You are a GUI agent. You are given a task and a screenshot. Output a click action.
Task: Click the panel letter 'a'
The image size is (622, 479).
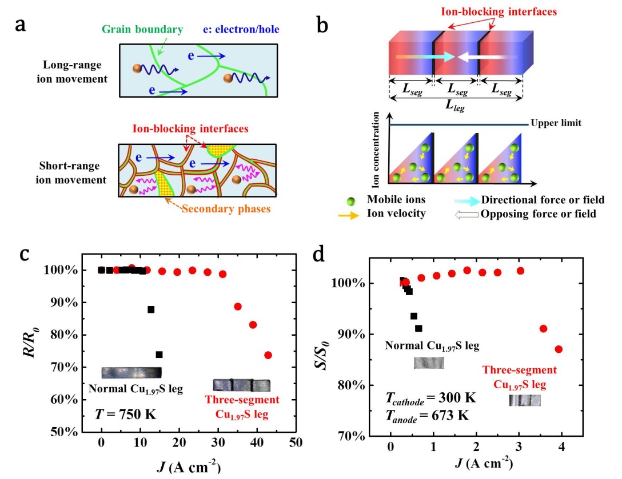click(x=21, y=25)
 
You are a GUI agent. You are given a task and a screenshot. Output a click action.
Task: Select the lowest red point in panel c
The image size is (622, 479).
click(x=268, y=355)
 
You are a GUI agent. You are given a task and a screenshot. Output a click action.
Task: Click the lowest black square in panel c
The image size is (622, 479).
click(x=159, y=355)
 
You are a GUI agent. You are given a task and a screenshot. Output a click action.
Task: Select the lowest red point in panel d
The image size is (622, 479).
click(x=559, y=349)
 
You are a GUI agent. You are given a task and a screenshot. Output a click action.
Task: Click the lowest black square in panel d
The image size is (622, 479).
click(x=418, y=328)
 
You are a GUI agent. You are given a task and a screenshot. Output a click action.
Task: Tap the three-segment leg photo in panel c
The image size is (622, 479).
click(x=241, y=385)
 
